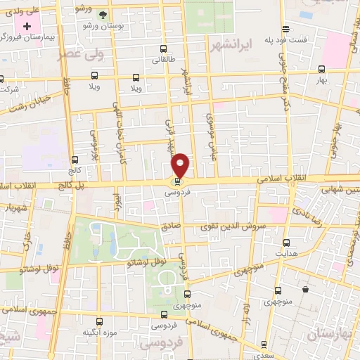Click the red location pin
pyautogui.click(x=181, y=164)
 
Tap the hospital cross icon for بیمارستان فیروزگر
pyautogui.click(x=27, y=25)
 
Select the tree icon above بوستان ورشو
pyautogui.click(x=103, y=14)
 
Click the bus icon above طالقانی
pyautogui.click(x=164, y=49)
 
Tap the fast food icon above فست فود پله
pyautogui.click(x=285, y=29)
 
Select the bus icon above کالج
pyautogui.click(x=75, y=160)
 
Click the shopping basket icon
pyautogui.click(x=305, y=288)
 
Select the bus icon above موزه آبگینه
pyautogui.click(x=98, y=321)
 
